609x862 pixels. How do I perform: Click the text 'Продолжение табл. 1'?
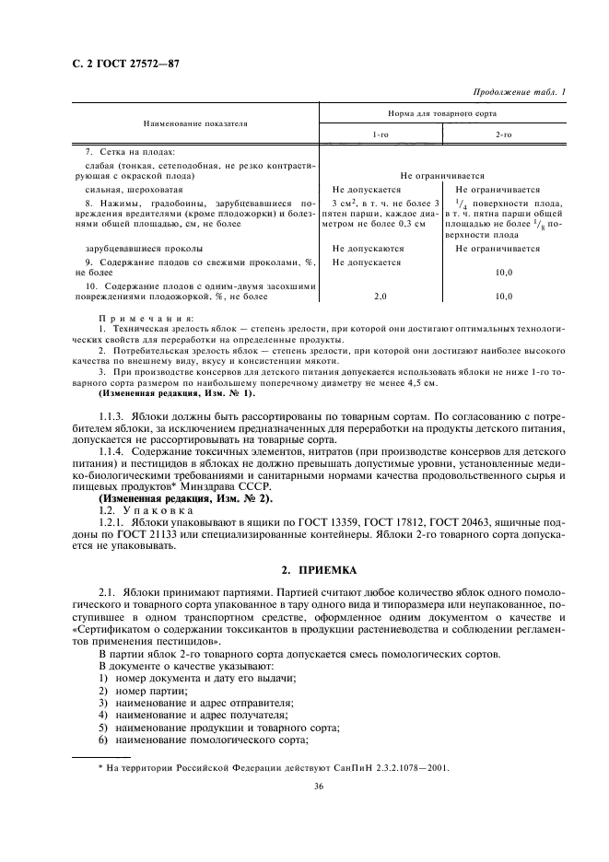[x=520, y=91]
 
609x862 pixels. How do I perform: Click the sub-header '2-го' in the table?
[x=504, y=135]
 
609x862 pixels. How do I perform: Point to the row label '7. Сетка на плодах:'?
[x=123, y=151]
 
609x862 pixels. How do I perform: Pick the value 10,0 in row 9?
[x=503, y=274]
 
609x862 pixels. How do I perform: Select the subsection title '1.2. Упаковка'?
[x=146, y=508]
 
